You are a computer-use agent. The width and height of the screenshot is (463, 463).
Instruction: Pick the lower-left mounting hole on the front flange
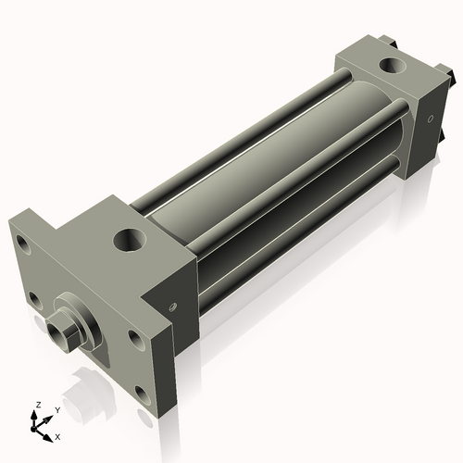[x=34, y=298]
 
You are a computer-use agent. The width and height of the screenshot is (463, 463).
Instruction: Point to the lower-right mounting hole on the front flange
[x=141, y=393]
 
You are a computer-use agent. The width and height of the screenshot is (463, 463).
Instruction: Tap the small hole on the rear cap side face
[x=429, y=118]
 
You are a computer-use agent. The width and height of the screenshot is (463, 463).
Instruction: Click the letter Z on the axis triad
[x=38, y=405]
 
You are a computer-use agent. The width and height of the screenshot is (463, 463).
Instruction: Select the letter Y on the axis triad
[x=56, y=409]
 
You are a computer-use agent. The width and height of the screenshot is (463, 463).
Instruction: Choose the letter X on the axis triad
[x=57, y=435]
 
